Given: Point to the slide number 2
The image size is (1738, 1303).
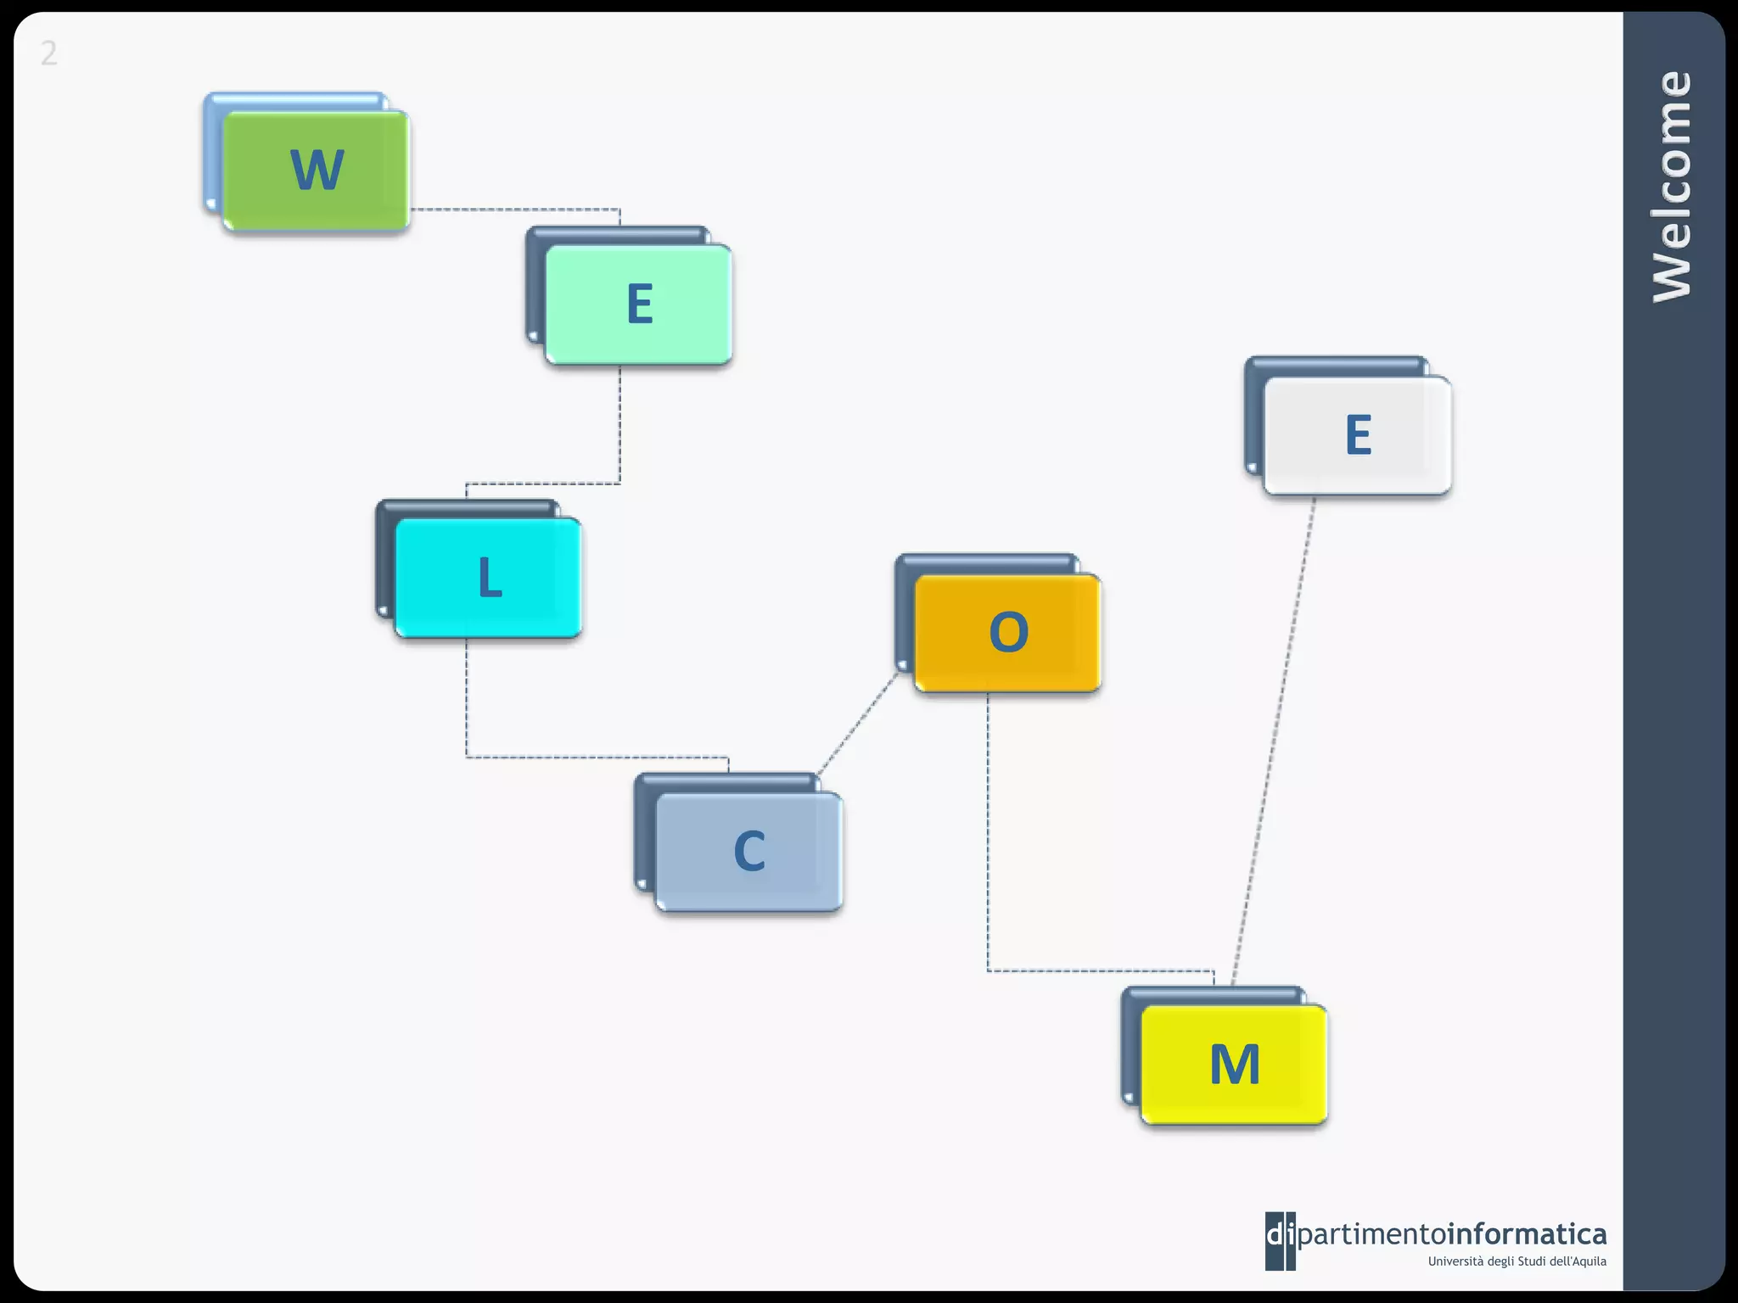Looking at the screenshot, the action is tap(49, 53).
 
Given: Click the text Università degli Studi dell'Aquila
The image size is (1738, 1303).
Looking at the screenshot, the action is tap(1517, 1261).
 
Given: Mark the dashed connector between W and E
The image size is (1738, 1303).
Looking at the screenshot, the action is tap(518, 210).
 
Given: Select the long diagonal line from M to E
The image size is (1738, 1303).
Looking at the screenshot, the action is tap(1273, 738).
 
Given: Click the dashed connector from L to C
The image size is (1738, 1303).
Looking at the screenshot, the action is tap(594, 757).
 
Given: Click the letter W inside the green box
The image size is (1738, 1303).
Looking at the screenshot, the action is tap(317, 170).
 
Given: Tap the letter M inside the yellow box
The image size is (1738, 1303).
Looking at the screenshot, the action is tap(1235, 1065).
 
